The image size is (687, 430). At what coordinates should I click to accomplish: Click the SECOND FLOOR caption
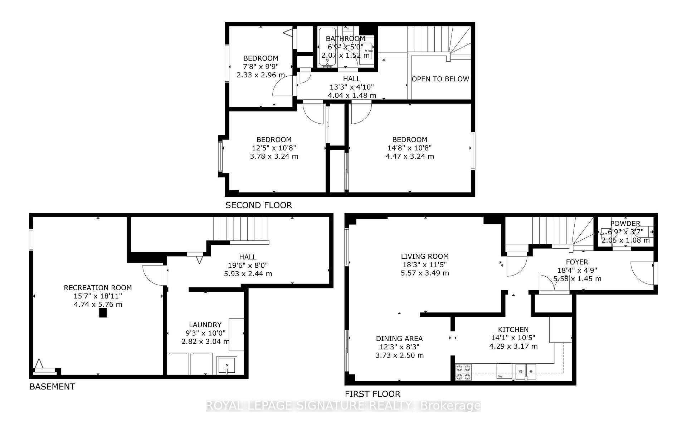[258, 205]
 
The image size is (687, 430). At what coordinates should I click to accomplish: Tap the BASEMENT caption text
[52, 386]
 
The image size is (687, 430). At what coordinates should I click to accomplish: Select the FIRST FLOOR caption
[372, 394]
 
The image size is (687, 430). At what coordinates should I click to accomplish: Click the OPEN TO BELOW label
[440, 79]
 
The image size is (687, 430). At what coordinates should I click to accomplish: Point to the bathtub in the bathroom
[327, 47]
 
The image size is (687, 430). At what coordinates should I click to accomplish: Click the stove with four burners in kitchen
[463, 372]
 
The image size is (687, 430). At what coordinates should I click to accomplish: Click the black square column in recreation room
[103, 313]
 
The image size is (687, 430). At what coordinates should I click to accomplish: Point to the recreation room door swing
[153, 275]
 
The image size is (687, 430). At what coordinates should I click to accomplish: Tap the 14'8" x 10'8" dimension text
[409, 148]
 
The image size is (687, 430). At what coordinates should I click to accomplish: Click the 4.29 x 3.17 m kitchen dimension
[513, 346]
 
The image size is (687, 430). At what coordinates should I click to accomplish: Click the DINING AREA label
[399, 338]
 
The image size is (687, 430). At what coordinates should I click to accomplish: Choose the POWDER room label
[625, 223]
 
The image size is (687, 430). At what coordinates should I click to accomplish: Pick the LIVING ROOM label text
[424, 256]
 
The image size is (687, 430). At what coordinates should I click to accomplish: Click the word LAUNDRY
[205, 324]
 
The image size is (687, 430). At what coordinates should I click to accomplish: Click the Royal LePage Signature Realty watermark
[343, 406]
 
